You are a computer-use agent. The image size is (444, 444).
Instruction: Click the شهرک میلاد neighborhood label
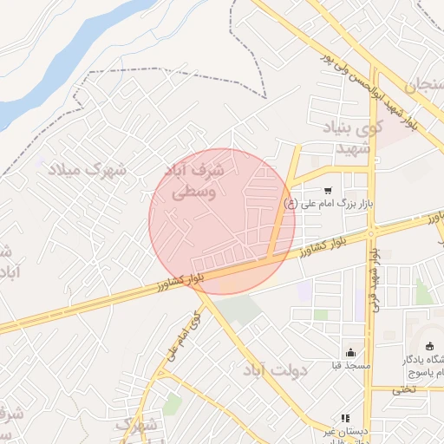coord(87,168)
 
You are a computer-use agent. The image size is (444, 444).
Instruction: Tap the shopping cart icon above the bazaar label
coord(327,191)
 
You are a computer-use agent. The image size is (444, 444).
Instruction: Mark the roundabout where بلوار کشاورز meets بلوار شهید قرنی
coord(371,232)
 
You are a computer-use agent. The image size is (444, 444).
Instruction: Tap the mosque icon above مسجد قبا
coord(350,352)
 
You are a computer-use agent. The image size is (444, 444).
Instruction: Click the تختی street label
coord(404,389)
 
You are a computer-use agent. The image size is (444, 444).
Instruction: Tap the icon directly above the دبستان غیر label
coord(344,417)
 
